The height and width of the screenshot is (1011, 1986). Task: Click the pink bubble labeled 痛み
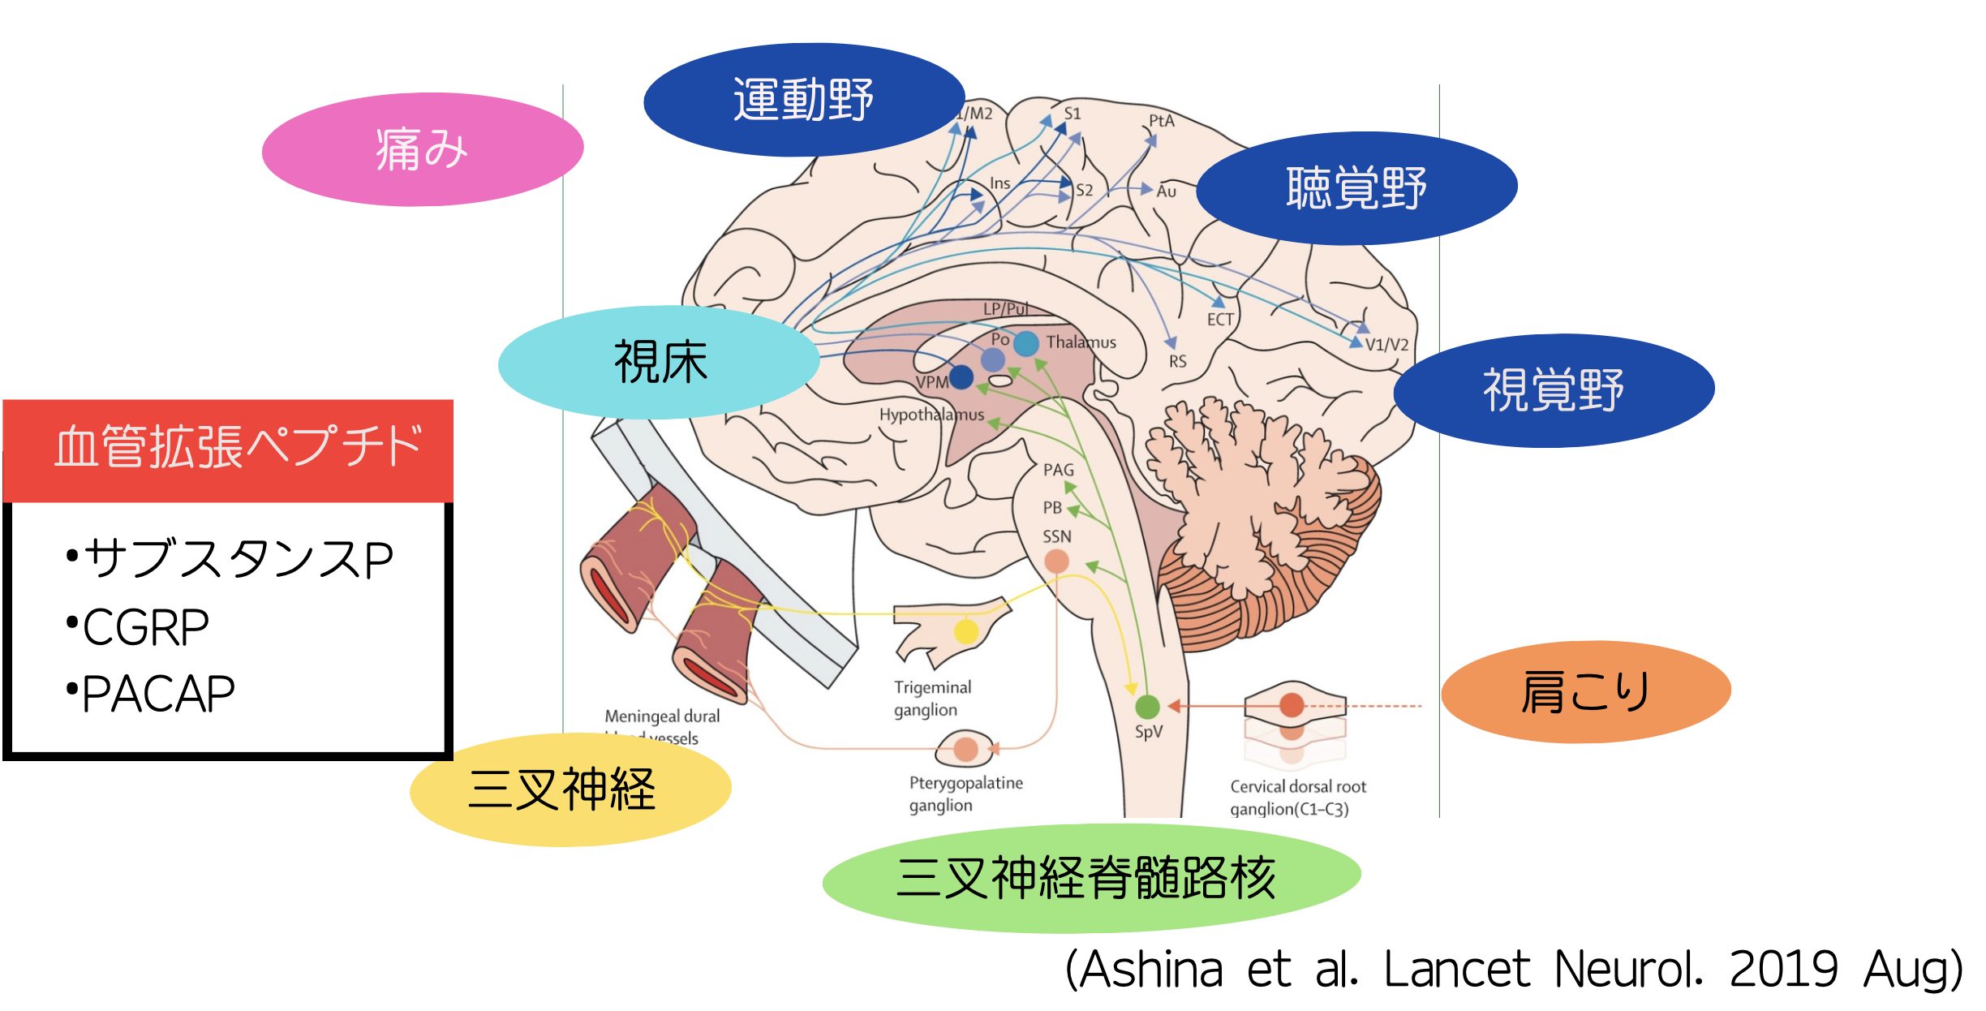point(422,149)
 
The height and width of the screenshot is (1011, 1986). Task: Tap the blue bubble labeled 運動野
point(803,100)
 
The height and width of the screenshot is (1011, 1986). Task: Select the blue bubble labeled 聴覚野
point(1356,188)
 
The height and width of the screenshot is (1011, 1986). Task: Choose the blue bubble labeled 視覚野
point(1553,390)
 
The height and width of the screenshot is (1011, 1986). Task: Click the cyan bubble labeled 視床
point(659,362)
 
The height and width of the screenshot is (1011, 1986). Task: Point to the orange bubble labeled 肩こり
point(1585,692)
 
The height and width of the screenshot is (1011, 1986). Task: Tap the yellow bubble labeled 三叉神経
point(570,789)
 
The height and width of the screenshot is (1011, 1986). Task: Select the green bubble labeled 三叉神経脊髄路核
point(1090,878)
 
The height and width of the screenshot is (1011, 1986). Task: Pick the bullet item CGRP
point(146,627)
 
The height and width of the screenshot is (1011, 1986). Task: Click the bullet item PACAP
point(158,695)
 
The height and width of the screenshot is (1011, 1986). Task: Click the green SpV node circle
point(1147,707)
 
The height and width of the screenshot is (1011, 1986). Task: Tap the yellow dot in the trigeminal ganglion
point(965,630)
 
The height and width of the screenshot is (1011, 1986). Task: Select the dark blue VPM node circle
point(961,376)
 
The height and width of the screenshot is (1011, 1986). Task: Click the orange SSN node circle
point(1056,561)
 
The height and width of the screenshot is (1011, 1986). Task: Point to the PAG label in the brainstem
point(1058,470)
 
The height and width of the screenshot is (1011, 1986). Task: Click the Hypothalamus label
point(931,415)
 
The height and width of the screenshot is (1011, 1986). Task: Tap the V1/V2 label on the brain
point(1386,345)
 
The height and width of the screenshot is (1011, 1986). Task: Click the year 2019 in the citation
point(1783,970)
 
